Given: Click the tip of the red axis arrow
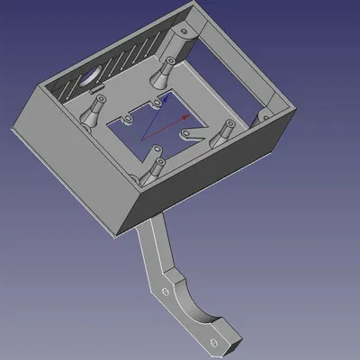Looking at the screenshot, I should click(x=190, y=117).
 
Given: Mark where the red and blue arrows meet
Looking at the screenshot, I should click(x=144, y=139).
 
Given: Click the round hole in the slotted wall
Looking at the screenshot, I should click(x=93, y=76).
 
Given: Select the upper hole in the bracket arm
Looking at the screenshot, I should click(x=165, y=293).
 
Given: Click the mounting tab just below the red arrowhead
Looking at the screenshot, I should click(x=188, y=134).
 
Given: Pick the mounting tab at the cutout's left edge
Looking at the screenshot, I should click(x=127, y=118).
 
